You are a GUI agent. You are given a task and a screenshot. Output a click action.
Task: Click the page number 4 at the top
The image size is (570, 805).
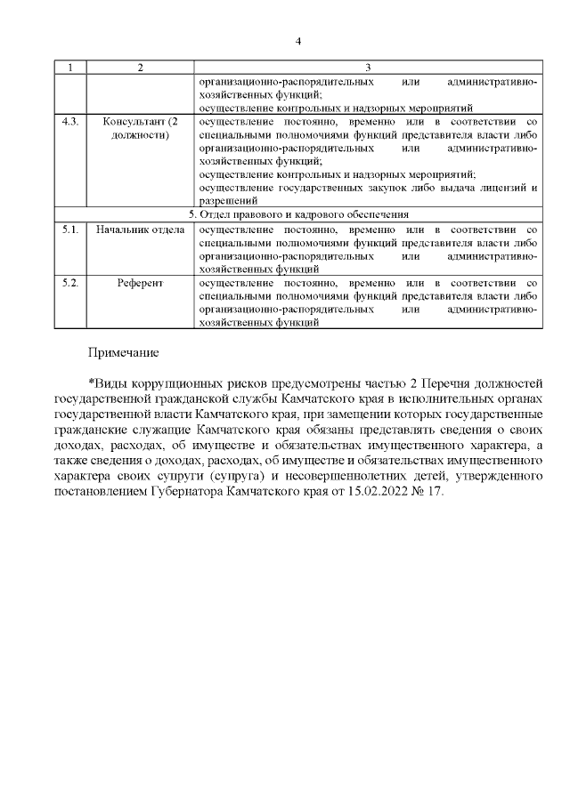pyautogui.click(x=298, y=42)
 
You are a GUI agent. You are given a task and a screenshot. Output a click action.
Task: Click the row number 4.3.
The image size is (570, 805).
pyautogui.click(x=70, y=120)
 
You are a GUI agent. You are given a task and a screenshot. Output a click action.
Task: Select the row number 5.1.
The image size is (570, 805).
pyautogui.click(x=70, y=229)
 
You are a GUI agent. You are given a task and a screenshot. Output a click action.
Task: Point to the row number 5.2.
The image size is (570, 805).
pyautogui.click(x=70, y=283)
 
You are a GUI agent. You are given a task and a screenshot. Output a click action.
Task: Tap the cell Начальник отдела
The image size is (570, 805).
pyautogui.click(x=140, y=229)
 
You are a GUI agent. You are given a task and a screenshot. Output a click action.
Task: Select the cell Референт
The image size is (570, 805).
pyautogui.click(x=140, y=283)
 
